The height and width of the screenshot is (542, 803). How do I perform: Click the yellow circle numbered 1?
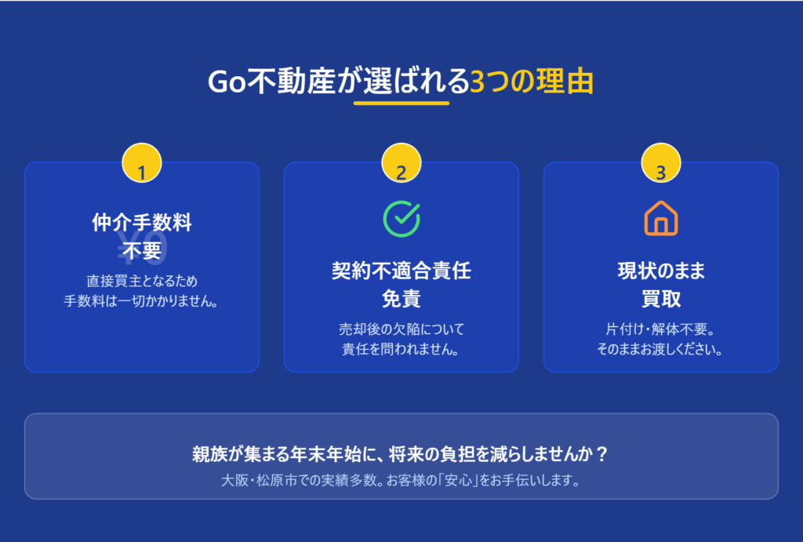(142, 163)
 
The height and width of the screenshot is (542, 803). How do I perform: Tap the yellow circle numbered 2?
(401, 163)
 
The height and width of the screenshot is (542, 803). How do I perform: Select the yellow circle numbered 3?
(661, 163)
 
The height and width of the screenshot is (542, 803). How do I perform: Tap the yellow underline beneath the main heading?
(401, 103)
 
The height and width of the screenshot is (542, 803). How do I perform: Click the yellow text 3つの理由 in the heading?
(532, 82)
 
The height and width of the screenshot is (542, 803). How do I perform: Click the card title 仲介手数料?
(142, 223)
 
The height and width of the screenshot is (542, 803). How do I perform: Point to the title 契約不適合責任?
(401, 271)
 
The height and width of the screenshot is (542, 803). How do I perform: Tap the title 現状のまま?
(661, 271)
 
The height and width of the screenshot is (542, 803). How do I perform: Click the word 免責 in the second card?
(401, 299)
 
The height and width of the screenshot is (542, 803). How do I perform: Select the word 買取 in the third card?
(661, 299)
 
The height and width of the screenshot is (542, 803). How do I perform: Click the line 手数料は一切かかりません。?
(142, 301)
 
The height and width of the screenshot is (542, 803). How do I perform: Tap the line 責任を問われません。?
(401, 349)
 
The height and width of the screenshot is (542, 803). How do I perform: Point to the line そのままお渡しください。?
(661, 349)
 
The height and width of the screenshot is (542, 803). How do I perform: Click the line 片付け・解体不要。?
(661, 329)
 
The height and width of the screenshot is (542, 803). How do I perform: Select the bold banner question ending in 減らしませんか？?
(401, 454)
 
